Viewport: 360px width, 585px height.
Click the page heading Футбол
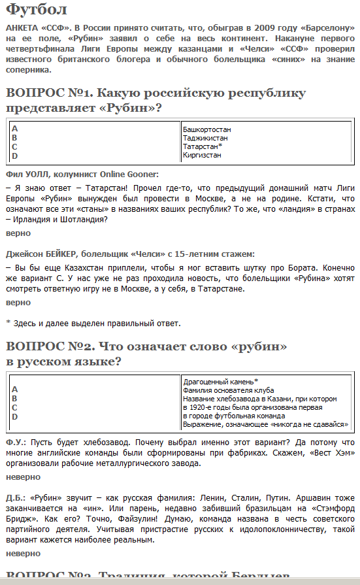pos(35,10)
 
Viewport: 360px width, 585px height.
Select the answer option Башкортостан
pos(206,129)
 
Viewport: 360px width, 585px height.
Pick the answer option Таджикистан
pos(205,138)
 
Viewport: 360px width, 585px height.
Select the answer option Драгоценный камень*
pos(220,381)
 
